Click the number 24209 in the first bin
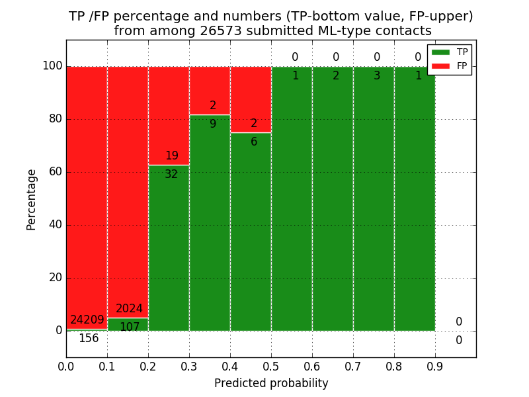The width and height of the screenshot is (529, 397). (87, 320)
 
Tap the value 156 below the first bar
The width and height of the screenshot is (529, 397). (89, 339)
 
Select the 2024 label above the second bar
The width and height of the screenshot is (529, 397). (129, 309)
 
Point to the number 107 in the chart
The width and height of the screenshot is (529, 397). (130, 327)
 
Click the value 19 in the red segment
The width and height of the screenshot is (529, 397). (172, 156)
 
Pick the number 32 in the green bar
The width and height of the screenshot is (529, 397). (171, 175)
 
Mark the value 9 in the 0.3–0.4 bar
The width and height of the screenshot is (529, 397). (213, 124)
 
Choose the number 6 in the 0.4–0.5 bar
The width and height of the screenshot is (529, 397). (254, 142)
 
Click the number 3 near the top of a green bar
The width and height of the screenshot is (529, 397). (377, 76)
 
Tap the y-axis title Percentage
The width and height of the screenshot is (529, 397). (32, 199)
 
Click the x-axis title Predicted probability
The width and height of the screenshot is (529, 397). (271, 383)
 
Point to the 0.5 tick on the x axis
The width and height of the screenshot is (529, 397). (271, 365)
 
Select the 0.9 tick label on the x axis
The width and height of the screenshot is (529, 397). (435, 365)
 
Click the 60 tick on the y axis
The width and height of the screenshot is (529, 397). (55, 172)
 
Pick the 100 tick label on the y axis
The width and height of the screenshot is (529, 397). (52, 66)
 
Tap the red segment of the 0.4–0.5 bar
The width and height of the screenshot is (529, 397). (251, 99)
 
